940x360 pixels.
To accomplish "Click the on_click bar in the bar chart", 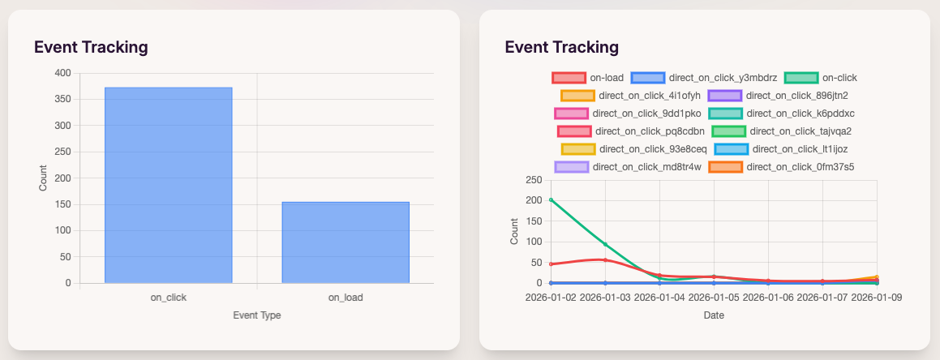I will pyautogui.click(x=168, y=185).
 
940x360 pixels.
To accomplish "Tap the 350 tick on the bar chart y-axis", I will pyautogui.click(x=62, y=99).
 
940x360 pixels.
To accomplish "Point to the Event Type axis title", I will pyautogui.click(x=256, y=315).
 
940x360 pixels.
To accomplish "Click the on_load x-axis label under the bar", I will pyautogui.click(x=346, y=298).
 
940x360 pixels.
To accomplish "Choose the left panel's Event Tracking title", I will pyautogui.click(x=91, y=47).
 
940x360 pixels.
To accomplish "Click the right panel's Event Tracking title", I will pyautogui.click(x=561, y=47).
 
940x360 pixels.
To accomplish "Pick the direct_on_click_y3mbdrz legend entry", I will pyautogui.click(x=704, y=78).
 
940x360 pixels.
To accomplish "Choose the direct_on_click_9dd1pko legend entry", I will pyautogui.click(x=629, y=114).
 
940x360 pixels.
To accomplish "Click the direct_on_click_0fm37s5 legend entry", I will pyautogui.click(x=781, y=167).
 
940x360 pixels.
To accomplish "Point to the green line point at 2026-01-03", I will pyautogui.click(x=605, y=244).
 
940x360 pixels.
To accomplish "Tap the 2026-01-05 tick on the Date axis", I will pyautogui.click(x=714, y=298).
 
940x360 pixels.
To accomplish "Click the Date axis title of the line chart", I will pyautogui.click(x=714, y=315).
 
